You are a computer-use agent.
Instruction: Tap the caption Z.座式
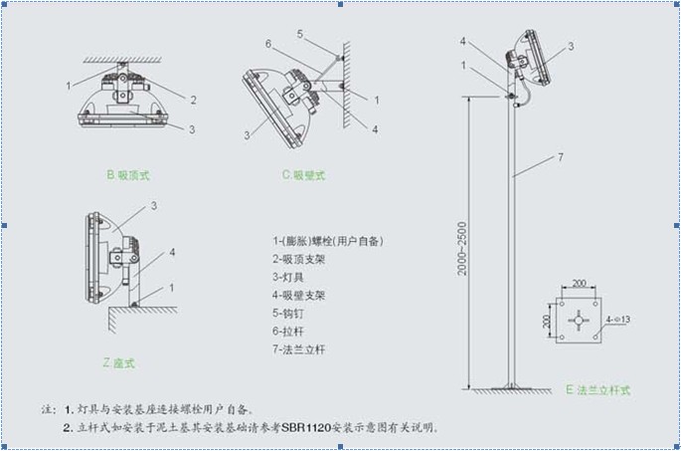click(119, 362)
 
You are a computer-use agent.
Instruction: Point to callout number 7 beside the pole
click(561, 157)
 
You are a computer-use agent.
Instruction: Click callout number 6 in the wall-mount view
click(268, 43)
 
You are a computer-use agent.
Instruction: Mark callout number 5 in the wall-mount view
click(299, 34)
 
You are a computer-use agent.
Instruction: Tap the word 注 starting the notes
click(46, 409)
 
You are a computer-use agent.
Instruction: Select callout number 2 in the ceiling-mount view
click(194, 100)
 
